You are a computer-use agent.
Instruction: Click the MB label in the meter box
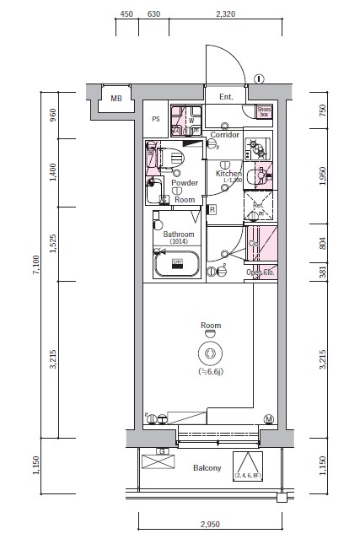tap(116, 99)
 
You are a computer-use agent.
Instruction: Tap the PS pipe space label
tap(155, 119)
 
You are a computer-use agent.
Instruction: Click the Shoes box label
tap(263, 110)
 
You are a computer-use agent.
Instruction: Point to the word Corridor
tap(225, 135)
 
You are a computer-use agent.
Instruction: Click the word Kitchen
tap(228, 173)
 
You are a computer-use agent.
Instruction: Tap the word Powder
tap(185, 183)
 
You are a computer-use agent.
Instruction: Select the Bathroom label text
tap(179, 234)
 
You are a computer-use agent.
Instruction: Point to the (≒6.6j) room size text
tap(210, 372)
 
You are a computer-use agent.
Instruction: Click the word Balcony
tap(207, 467)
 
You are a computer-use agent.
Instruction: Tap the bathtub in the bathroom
tap(177, 265)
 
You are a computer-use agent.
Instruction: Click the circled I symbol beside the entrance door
tap(257, 78)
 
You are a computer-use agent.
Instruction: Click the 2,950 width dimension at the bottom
tap(211, 524)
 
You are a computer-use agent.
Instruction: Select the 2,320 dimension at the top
tap(225, 14)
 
